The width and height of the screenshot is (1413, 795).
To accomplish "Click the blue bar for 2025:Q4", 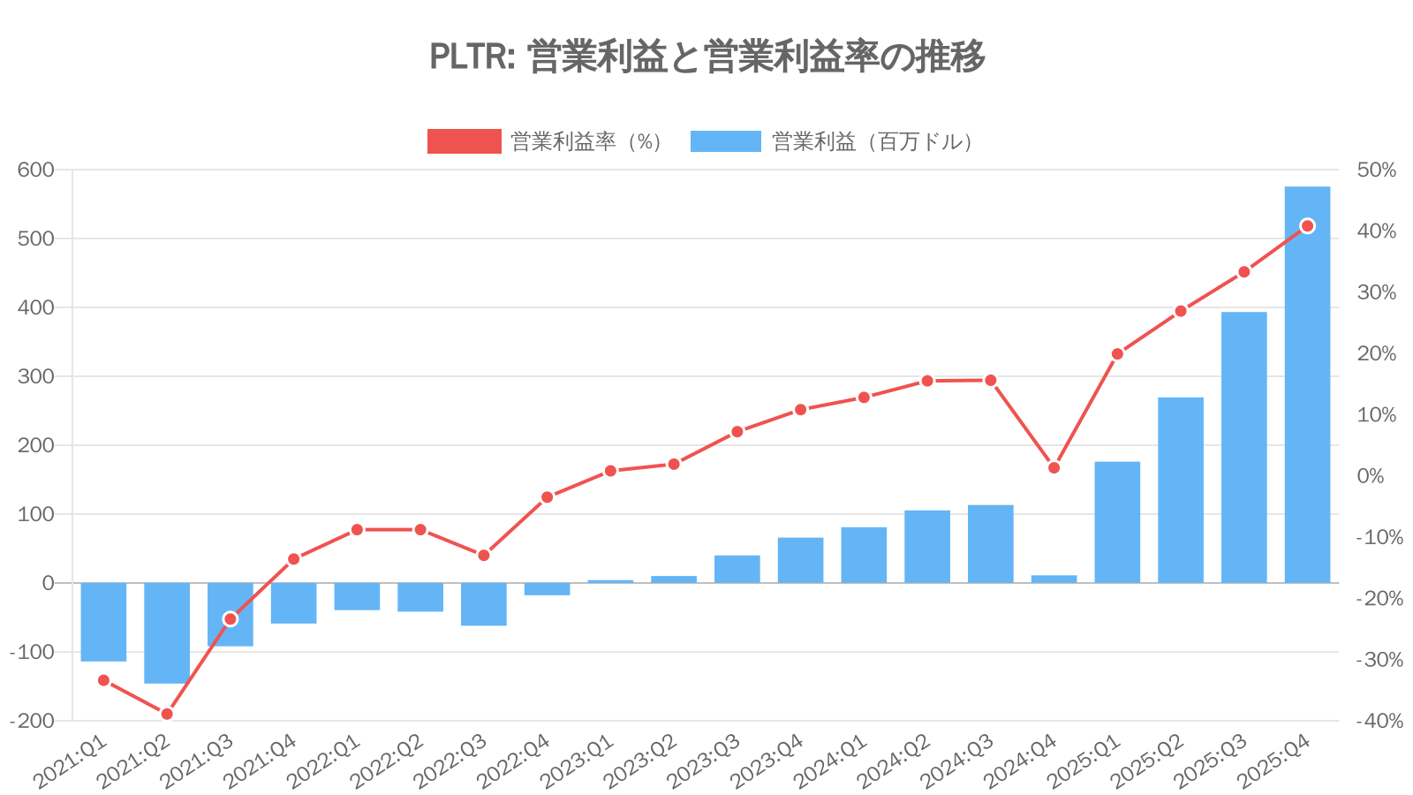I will click(1307, 384).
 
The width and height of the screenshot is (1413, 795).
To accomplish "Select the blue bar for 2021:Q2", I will click(167, 632).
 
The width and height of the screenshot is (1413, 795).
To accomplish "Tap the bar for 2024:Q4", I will click(1054, 579).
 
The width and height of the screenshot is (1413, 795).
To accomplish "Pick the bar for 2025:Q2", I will click(1181, 490).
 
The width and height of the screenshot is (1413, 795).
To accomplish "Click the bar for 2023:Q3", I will click(737, 569).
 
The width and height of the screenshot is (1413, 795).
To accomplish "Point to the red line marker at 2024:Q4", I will click(1054, 467).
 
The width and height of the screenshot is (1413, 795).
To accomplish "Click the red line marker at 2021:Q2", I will click(167, 714).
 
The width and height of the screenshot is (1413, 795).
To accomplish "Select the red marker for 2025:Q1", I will click(1117, 353).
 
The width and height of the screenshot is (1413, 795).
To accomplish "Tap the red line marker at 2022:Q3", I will click(483, 555).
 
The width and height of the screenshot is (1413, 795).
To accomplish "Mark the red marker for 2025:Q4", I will click(1307, 226).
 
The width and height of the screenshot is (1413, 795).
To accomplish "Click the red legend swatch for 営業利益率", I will click(464, 141).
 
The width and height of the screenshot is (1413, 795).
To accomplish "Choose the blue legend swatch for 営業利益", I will click(725, 141).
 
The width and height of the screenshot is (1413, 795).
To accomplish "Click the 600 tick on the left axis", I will click(36, 170).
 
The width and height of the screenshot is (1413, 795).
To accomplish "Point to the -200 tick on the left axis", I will click(33, 721).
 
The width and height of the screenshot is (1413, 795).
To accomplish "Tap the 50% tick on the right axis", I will click(1376, 170).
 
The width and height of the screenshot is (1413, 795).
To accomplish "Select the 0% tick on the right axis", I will click(1371, 476).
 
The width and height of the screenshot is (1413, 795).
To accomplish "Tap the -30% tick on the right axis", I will click(1378, 660).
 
